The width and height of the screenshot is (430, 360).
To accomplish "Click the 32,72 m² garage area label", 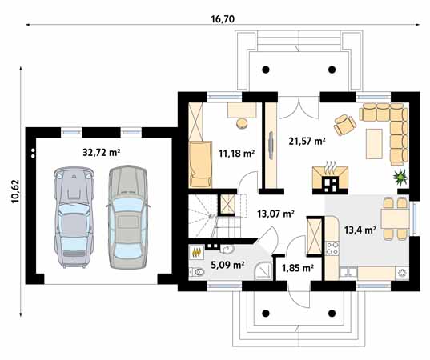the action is click(102, 153).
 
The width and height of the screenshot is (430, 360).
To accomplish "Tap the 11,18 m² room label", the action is click(237, 154).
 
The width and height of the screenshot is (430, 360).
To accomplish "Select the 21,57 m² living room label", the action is click(307, 141).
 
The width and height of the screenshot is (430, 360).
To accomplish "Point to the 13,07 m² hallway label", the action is click(276, 214).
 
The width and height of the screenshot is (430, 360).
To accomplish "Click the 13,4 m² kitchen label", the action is click(360, 230).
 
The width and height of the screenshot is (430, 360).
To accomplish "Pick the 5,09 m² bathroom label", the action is click(228, 265).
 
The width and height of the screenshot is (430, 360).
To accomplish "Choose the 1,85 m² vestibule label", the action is click(298, 268).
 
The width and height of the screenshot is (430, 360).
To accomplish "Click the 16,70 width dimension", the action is click(223, 19).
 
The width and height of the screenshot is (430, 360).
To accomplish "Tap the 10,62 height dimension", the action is click(15, 191).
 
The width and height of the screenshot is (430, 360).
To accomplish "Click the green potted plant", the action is click(400, 177).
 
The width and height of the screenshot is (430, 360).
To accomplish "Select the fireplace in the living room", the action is click(330, 178).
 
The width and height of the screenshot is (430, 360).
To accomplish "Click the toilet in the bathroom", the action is click(197, 272).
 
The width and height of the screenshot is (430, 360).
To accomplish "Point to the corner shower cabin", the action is click(263, 271).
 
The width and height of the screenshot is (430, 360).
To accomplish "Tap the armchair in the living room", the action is click(344, 125).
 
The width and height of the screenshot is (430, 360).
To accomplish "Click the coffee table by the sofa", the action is click(374, 144).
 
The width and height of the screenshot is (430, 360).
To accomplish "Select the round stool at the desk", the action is click(242, 122).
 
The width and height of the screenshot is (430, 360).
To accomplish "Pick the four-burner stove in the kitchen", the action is click(332, 248).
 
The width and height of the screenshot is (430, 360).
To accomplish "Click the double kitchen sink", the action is click(348, 272).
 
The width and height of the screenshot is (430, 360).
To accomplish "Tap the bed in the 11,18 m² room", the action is click(200, 164).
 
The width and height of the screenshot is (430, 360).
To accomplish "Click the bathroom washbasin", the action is click(227, 249).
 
